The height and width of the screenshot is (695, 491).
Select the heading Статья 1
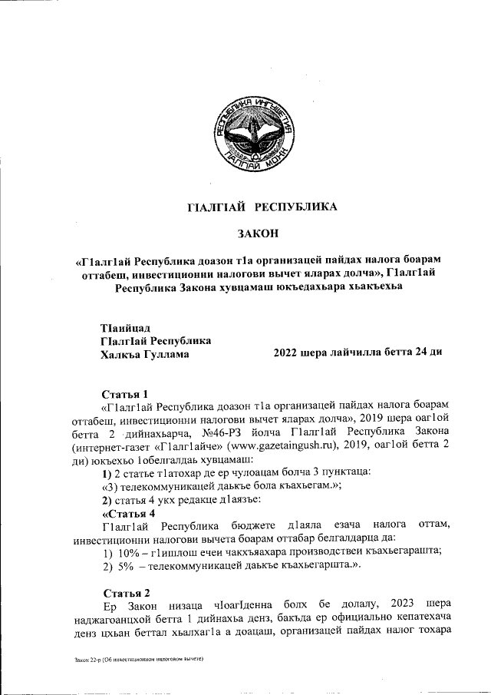pyautogui.click(x=125, y=394)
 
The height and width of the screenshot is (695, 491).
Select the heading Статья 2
pyautogui.click(x=125, y=592)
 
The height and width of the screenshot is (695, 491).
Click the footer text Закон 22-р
pyautogui.click(x=81, y=660)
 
